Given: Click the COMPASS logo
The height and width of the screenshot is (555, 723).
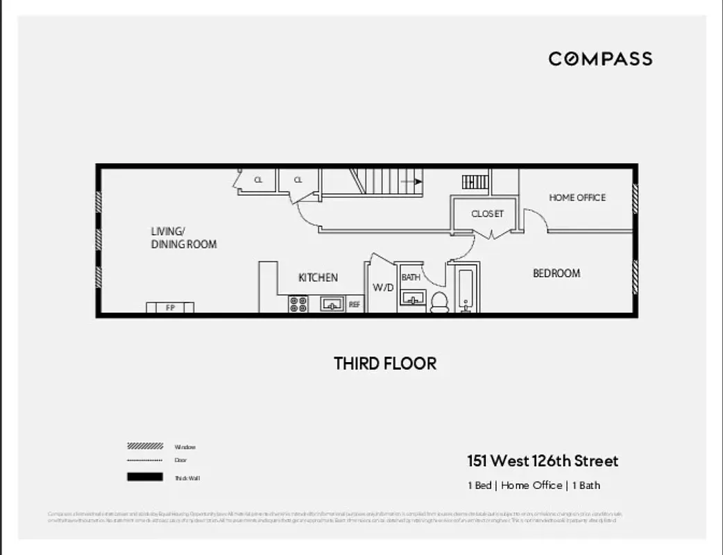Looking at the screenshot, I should coord(600,59).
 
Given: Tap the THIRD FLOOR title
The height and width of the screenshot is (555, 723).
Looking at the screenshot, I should coord(385,364).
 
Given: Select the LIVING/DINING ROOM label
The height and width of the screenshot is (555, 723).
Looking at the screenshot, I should coord(184,238).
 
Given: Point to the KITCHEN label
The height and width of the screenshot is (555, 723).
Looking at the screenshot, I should coord(318,277).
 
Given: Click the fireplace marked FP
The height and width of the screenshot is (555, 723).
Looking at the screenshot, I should coord(170,307).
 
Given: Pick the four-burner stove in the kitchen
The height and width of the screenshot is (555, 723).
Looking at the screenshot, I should coord(298,304).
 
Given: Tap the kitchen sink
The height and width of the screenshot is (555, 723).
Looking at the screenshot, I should coord(332,304).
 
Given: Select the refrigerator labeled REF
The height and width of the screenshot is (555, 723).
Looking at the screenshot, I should coord(354,304).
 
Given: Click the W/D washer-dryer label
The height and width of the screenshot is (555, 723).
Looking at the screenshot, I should coord(383,287).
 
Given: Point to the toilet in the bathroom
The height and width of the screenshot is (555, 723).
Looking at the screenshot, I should coord(439,302).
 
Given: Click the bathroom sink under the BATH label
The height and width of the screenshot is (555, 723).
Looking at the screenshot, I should coord(413,299).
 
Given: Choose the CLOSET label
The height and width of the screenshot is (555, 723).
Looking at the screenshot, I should coord(487,214).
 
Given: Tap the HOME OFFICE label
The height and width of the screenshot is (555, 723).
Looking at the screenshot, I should coord(577,198).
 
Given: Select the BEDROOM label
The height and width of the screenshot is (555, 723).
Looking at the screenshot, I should coord(556,273).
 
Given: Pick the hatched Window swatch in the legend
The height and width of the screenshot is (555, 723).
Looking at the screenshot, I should coord(145,447).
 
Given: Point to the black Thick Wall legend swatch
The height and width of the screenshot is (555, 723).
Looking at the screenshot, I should coord(145,477).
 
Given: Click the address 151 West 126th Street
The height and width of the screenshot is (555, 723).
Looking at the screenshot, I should coord(542,461).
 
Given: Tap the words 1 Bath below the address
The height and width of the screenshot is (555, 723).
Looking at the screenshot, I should coord(586,486).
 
